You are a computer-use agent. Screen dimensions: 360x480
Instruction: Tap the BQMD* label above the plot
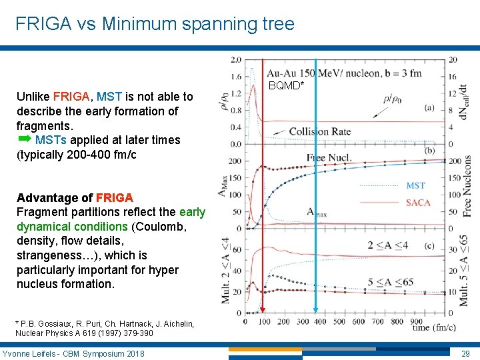[286, 85]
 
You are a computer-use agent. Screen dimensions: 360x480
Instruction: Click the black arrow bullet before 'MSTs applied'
[24, 139]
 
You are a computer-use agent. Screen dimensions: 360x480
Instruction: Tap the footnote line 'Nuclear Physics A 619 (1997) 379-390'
[85, 333]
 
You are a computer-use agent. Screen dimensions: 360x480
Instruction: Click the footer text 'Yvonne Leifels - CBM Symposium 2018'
[73, 353]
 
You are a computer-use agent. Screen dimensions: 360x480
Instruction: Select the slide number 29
[465, 353]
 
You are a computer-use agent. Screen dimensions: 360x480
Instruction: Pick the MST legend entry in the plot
[415, 185]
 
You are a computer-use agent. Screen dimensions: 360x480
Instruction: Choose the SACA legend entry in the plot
[417, 202]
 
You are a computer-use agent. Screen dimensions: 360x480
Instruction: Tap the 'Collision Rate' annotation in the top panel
[319, 131]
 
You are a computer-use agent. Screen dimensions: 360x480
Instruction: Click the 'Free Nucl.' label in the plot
[329, 157]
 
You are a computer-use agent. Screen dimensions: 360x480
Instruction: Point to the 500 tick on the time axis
[339, 321]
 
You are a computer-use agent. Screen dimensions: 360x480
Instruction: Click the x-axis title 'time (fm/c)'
[433, 327]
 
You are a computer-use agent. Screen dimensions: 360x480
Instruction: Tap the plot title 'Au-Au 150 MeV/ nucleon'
[333, 73]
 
